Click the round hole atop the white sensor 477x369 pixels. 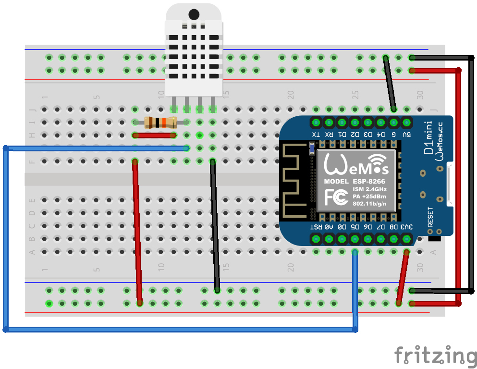(x=194, y=14)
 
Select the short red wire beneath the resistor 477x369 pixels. (x=154, y=135)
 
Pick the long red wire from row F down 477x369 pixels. (x=137, y=231)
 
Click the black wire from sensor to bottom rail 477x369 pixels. (x=215, y=226)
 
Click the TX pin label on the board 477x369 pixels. (x=316, y=135)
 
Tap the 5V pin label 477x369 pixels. (x=407, y=135)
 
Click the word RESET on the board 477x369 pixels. (x=430, y=217)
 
